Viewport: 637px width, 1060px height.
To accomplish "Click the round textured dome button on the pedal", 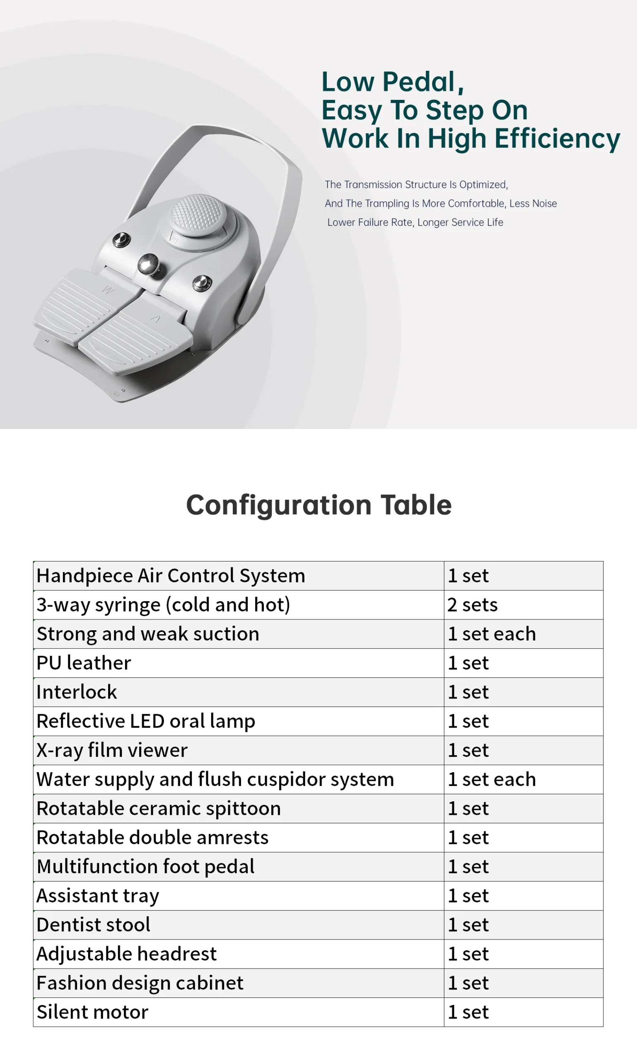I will coord(198,213).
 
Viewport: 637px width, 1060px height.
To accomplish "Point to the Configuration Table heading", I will coord(318,505).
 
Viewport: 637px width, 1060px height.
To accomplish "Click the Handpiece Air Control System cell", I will coord(171,576).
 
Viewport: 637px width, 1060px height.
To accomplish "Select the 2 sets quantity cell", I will coord(472,605).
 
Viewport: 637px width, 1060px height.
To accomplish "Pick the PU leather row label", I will coord(84,663).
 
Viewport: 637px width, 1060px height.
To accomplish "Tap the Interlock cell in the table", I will coord(76,692).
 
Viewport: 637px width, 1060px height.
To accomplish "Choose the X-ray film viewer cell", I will coord(112,750).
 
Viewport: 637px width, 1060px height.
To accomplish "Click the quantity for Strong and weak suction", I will coord(492,634).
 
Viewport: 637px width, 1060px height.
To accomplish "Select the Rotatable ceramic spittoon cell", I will coord(158,809).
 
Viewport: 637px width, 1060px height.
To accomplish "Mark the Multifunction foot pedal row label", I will coord(145,867).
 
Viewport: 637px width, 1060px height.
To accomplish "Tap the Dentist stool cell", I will coord(93,925).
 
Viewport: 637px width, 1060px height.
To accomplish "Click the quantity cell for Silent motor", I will coord(468,1012).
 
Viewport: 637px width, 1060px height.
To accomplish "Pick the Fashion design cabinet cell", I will coord(140,983).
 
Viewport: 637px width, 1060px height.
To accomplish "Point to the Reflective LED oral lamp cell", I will coord(145,721).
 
